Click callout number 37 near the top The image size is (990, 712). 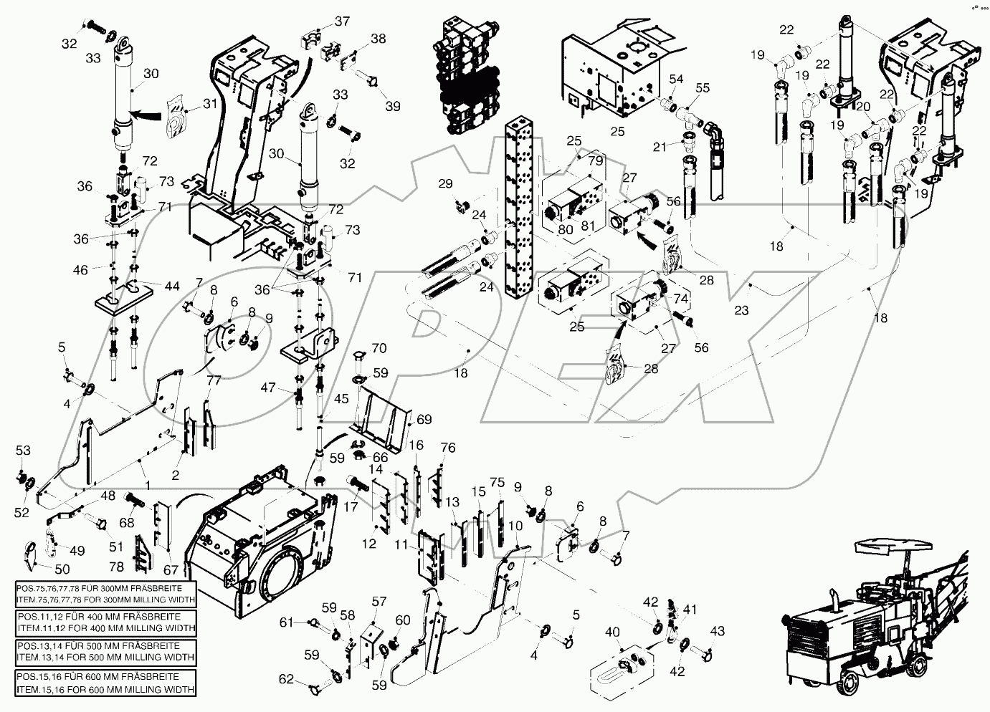(x=342, y=21)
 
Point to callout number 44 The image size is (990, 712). (x=173, y=286)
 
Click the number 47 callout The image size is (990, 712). (x=269, y=388)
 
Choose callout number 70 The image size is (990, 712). (x=379, y=350)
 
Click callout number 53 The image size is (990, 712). (x=24, y=450)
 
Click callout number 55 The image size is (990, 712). (x=703, y=87)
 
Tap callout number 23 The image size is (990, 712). (x=741, y=310)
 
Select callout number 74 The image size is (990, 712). (x=680, y=297)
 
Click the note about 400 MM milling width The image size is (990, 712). (x=105, y=622)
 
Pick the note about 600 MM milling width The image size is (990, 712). (x=105, y=683)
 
